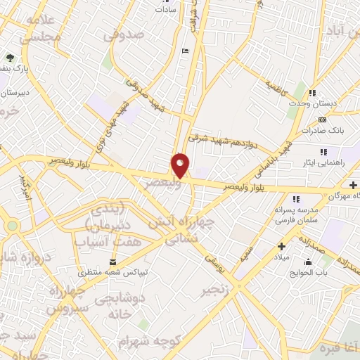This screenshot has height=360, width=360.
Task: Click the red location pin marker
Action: point(180,166)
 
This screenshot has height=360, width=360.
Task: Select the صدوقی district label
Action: point(127,34)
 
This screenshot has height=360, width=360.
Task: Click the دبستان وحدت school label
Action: point(307,103)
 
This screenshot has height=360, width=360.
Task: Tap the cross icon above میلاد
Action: point(282,247)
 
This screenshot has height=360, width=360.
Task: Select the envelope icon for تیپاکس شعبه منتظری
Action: point(113,263)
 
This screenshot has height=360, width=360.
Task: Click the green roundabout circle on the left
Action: point(11,226)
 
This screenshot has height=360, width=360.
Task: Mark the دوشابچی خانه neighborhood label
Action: point(118,307)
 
